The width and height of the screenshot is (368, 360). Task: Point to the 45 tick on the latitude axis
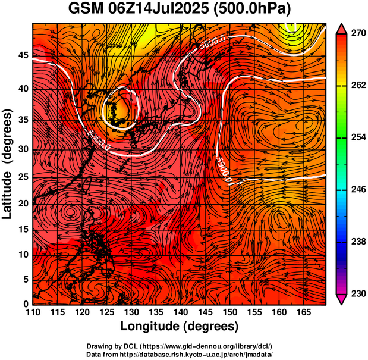coord(23,55)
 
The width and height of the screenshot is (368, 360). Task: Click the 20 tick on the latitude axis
coord(23,203)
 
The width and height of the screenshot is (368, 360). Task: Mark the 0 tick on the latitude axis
coord(26,304)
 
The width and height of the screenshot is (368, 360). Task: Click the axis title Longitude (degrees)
coord(180,326)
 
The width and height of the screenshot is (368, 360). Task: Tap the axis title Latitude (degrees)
coord(8,163)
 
